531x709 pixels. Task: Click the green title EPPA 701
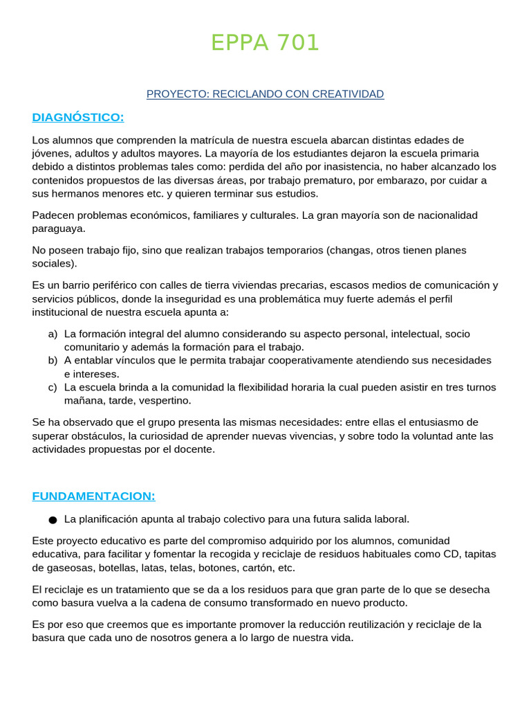pos(265,43)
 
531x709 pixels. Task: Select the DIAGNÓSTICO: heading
pos(77,117)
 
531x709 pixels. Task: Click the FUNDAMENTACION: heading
pos(93,496)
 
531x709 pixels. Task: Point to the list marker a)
pos(53,334)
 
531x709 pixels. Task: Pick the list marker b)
pos(53,361)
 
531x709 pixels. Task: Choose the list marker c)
pos(53,387)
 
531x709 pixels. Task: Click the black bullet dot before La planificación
pos(53,519)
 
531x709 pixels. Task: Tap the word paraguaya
pos(58,228)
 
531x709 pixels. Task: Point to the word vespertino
pos(164,400)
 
